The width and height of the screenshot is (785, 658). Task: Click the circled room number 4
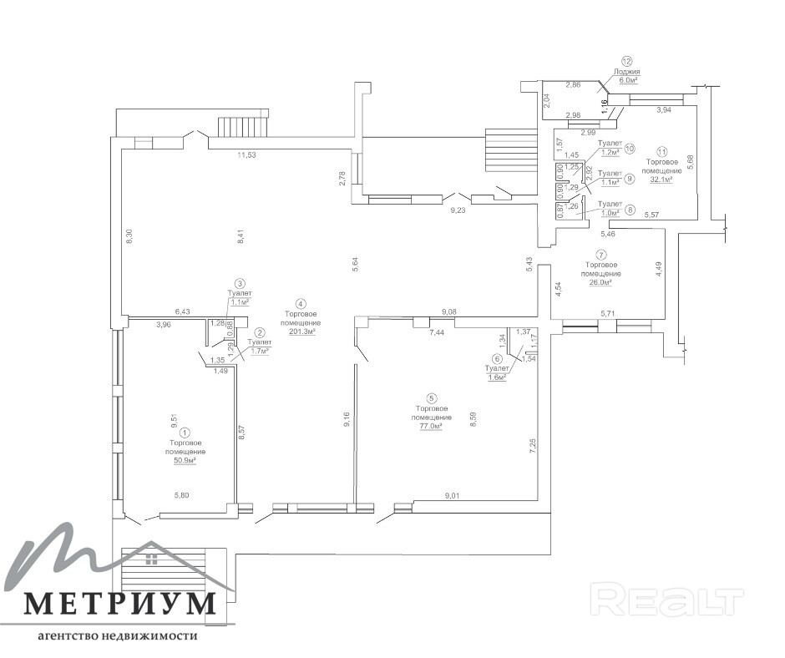301,304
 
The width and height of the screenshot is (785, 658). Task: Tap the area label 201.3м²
301,332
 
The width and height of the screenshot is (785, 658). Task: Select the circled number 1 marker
185,433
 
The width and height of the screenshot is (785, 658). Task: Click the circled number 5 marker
431,398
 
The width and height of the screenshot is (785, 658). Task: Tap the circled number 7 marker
600,254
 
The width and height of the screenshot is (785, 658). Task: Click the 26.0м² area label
600,282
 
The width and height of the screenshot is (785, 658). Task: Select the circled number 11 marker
662,152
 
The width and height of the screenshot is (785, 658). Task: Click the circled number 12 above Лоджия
627,60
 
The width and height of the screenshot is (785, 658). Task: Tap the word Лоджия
627,72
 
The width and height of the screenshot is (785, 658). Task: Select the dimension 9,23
458,210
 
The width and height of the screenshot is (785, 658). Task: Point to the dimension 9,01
452,496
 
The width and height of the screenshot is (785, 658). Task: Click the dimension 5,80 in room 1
182,496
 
